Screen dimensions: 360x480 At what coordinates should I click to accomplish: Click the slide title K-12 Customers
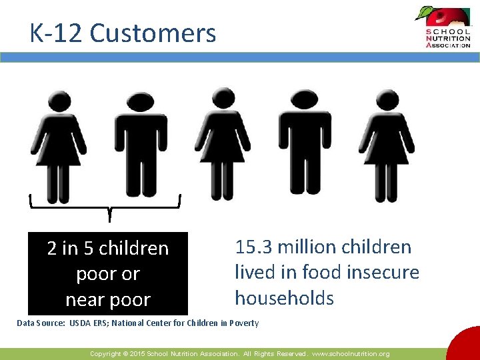pyautogui.click(x=123, y=33)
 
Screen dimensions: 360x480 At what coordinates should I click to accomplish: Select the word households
pyautogui.click(x=284, y=298)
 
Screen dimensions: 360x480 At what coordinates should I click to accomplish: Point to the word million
pyautogui.click(x=308, y=247)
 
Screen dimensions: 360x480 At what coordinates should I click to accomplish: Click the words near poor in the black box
pyautogui.click(x=108, y=300)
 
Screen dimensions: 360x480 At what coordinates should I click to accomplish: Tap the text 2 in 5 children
pyautogui.click(x=108, y=249)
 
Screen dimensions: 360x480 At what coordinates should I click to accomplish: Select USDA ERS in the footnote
pyautogui.click(x=97, y=323)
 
